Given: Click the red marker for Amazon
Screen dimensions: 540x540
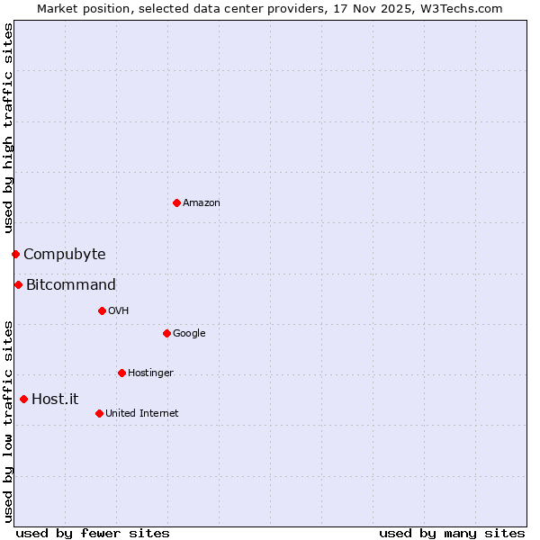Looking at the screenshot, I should click(x=176, y=202).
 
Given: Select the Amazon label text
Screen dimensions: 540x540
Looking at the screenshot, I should click(x=202, y=203).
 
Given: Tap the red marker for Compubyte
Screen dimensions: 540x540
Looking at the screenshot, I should click(x=15, y=254).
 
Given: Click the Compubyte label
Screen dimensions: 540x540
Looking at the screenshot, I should click(x=65, y=255).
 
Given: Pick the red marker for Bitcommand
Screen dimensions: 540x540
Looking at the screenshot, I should click(x=18, y=284).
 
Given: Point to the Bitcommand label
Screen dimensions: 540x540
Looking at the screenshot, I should click(x=71, y=285).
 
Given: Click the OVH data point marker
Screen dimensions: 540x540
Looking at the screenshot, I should click(x=102, y=310).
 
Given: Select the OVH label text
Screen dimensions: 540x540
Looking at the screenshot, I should click(x=119, y=311).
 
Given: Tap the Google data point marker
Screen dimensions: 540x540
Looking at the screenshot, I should click(x=166, y=333).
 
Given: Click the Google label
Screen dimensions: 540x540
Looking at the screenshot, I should click(x=189, y=334).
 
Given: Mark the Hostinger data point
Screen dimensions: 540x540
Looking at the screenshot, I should click(x=121, y=373).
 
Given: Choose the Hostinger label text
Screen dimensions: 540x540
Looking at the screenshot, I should click(x=150, y=373).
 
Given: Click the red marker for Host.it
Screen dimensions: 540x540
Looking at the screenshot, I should click(x=23, y=399).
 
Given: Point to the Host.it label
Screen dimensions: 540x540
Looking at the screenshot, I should click(x=55, y=400).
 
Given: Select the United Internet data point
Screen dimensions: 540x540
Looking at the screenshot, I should click(x=99, y=413).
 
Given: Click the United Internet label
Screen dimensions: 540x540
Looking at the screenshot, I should click(x=142, y=414).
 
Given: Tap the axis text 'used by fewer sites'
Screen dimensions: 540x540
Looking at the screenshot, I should click(x=93, y=534).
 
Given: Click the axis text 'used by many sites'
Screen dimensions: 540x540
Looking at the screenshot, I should click(x=452, y=534).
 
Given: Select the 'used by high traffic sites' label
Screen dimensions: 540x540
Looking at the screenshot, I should click(x=8, y=129).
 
